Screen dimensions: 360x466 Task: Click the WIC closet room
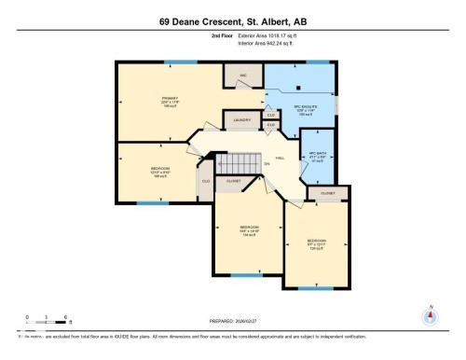click(243, 75)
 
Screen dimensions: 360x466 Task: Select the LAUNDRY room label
click(241, 120)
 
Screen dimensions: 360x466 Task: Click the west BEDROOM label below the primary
click(148, 172)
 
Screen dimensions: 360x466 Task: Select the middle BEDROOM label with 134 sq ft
click(249, 228)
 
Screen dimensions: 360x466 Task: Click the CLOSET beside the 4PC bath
click(328, 193)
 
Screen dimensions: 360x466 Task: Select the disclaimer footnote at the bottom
click(186, 334)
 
